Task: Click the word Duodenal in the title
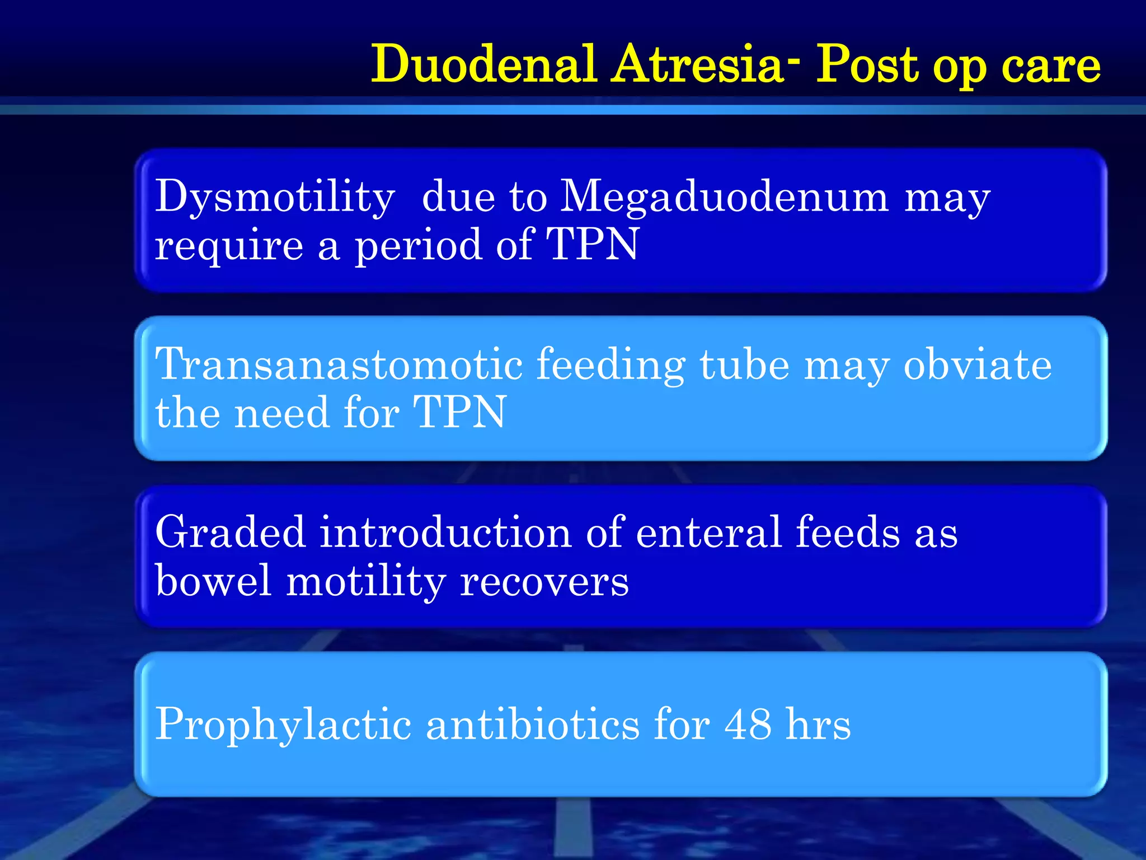coord(484,64)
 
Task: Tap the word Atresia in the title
coord(698,64)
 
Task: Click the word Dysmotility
coord(275,197)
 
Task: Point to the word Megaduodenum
coord(724,197)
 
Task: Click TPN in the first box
coord(593,245)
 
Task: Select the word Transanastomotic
coord(339,364)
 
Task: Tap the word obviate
coord(978,364)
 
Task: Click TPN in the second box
coord(459,413)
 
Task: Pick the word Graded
coord(230,532)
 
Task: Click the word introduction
coord(445,532)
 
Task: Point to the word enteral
coord(708,532)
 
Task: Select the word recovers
coord(544,581)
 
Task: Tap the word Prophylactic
coord(283,725)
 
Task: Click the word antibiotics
coord(533,725)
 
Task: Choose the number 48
coord(748,725)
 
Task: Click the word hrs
coord(818,725)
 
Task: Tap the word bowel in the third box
coord(213,581)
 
